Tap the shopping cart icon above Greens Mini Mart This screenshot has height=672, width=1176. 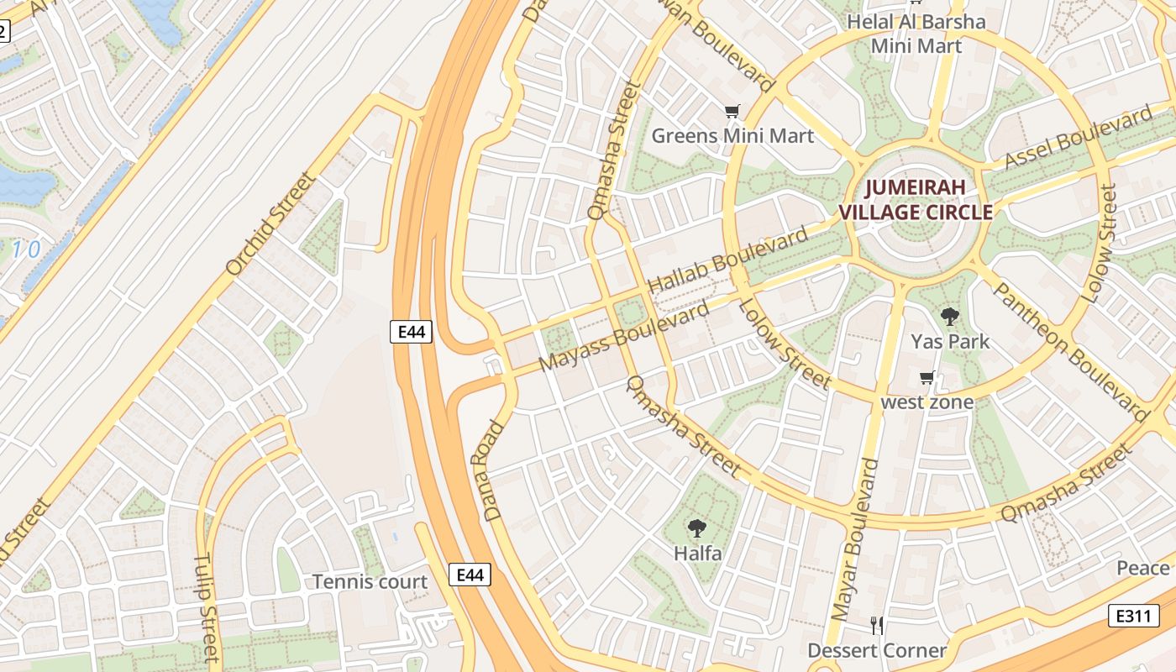pyautogui.click(x=732, y=111)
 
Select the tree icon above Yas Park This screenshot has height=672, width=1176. pyautogui.click(x=950, y=317)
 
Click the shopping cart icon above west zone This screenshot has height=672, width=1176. pyautogui.click(x=927, y=378)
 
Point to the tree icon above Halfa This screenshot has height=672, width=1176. pyautogui.click(x=696, y=528)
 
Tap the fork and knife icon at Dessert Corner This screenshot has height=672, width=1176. pyautogui.click(x=877, y=626)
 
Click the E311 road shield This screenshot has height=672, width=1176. pyautogui.click(x=1133, y=616)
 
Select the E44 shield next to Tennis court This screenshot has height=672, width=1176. pyautogui.click(x=470, y=575)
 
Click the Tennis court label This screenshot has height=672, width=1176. pyautogui.click(x=370, y=582)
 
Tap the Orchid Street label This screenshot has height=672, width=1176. pyautogui.click(x=271, y=223)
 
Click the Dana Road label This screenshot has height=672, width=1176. pyautogui.click(x=494, y=470)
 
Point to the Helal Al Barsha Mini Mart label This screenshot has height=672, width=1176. pyautogui.click(x=916, y=34)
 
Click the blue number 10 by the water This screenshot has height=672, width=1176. pyautogui.click(x=26, y=249)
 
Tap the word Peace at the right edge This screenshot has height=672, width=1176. pyautogui.click(x=1142, y=569)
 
